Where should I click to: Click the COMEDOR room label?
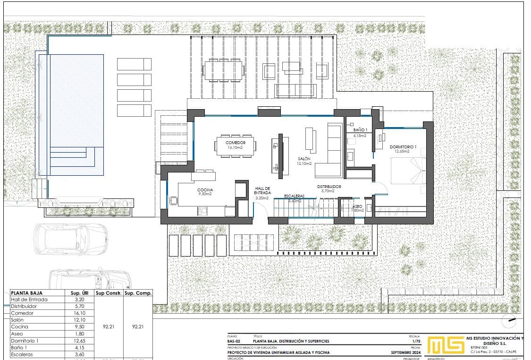pyautogui.click(x=235, y=143)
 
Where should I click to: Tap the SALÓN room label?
pyautogui.click(x=303, y=159)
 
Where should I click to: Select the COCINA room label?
pyautogui.click(x=205, y=190)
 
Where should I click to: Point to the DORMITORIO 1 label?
pyautogui.click(x=403, y=147)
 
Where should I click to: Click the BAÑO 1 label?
pyautogui.click(x=360, y=129)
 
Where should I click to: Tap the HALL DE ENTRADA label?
pyautogui.click(x=262, y=190)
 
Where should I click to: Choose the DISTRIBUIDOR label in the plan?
pyautogui.click(x=329, y=187)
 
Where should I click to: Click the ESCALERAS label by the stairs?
pyautogui.click(x=294, y=196)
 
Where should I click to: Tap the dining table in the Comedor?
pyautogui.click(x=235, y=146)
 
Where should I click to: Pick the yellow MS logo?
pyautogui.click(x=445, y=345)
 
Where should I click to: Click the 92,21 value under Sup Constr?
pyautogui.click(x=109, y=326)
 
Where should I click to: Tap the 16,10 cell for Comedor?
pyautogui.click(x=80, y=313)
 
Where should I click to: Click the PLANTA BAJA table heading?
pyautogui.click(x=26, y=293)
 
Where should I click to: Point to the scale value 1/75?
pyautogui.click(x=416, y=341)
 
